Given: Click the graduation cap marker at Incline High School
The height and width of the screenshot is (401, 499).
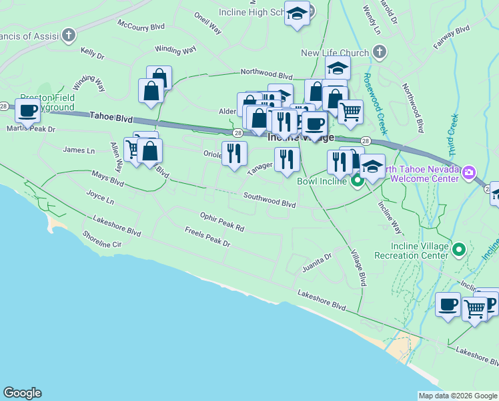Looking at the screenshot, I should click(296, 13).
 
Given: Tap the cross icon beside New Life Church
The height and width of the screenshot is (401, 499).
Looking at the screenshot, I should click(379, 53).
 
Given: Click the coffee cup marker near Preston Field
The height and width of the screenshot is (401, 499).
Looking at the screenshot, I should click(28, 110).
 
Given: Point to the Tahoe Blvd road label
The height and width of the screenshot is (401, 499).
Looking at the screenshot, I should click(111, 118).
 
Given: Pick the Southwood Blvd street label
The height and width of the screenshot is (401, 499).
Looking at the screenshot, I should click(269, 199).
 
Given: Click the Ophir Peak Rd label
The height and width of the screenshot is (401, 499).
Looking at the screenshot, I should click(222, 222).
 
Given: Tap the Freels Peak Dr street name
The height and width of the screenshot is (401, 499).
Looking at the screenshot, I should click(207, 237).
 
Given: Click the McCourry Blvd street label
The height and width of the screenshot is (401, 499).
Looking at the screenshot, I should click(141, 25).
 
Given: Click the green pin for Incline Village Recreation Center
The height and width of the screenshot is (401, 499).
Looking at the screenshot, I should click(458, 250).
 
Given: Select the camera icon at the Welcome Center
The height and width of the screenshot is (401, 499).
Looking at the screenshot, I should click(469, 173).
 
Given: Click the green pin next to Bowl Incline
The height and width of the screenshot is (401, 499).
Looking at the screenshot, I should click(358, 180).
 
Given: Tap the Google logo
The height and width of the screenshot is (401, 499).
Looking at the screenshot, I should click(22, 393).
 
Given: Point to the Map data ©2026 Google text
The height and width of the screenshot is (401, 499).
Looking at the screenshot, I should click(458, 396).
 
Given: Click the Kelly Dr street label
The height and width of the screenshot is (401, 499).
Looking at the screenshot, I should click(93, 52).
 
